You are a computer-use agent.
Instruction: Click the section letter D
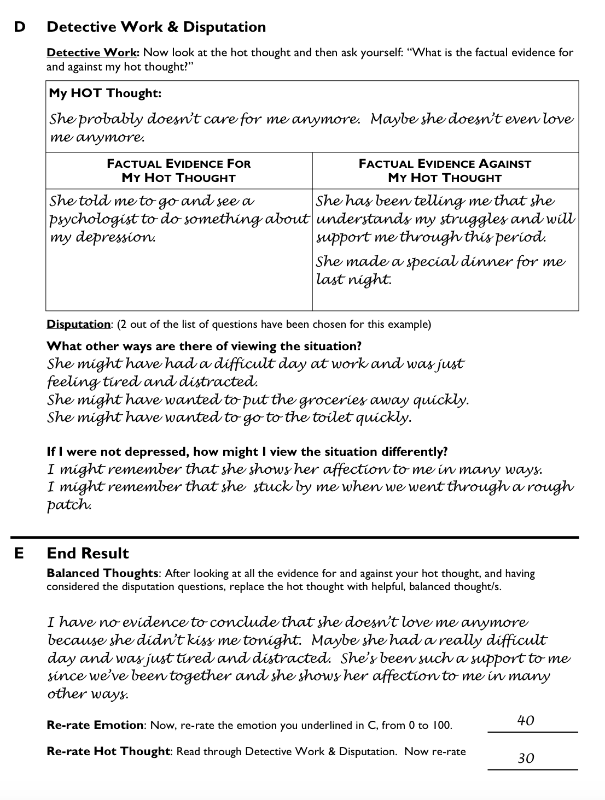19,27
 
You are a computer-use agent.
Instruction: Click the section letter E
19,553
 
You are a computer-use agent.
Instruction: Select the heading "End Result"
88,553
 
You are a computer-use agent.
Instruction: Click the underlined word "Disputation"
78,324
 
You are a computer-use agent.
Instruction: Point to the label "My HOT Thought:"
105,93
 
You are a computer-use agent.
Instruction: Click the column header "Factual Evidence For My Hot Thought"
179,170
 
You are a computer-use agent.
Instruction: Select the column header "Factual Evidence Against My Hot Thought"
445,170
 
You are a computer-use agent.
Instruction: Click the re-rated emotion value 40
526,720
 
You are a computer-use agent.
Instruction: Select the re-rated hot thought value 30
526,758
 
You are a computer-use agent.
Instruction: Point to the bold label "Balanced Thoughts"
102,573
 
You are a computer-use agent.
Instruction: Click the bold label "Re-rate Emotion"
95,725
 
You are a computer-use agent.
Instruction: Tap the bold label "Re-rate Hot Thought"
108,751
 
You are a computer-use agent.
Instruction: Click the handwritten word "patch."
69,505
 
